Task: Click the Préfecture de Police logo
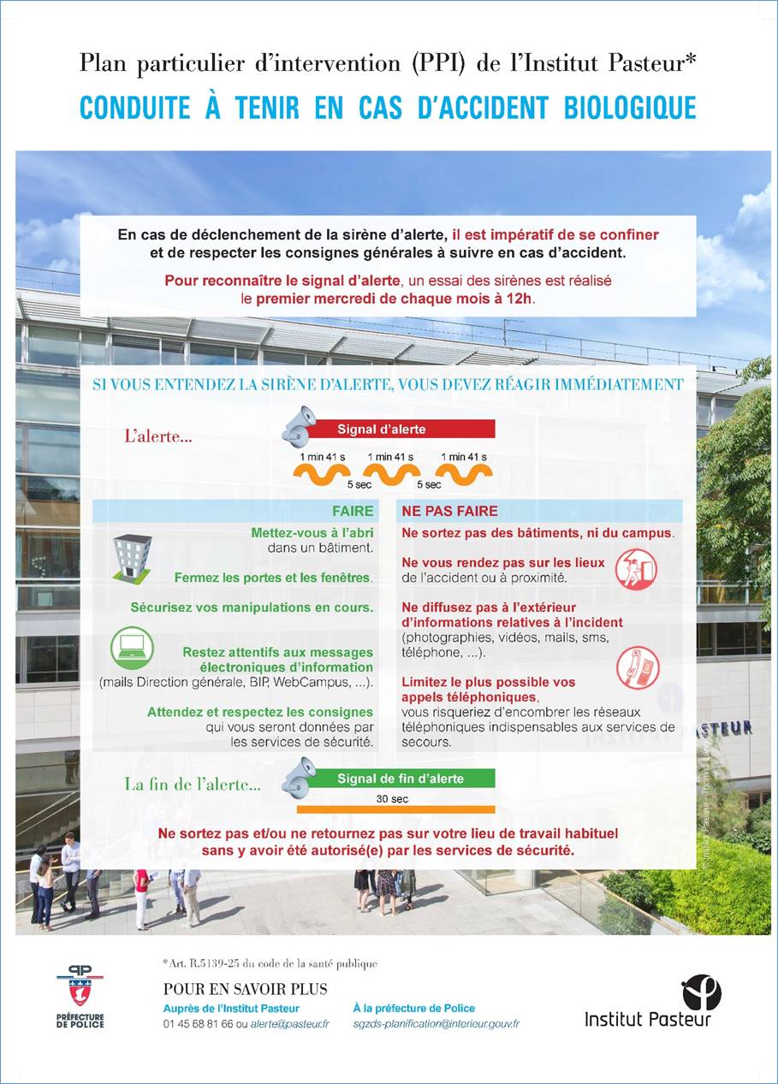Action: [x=80, y=995]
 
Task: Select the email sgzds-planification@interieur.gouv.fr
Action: [x=437, y=1023]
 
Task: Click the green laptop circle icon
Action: [x=132, y=648]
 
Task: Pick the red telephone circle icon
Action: [x=636, y=666]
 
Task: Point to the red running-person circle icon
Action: [x=636, y=569]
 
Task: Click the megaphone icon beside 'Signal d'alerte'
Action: [x=299, y=425]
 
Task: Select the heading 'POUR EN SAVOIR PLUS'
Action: [x=245, y=989]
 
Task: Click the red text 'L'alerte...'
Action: [x=158, y=435]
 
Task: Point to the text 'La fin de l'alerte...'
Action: [x=193, y=784]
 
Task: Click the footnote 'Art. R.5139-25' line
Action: [x=269, y=964]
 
